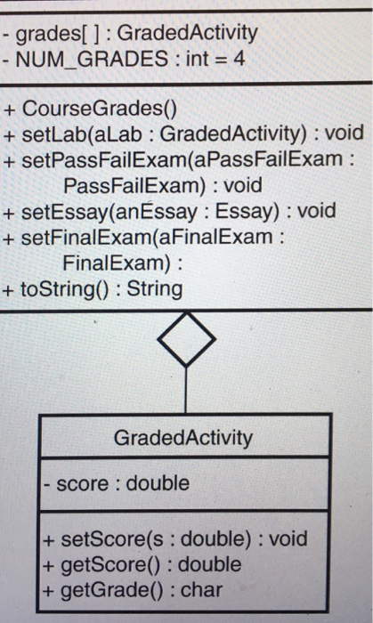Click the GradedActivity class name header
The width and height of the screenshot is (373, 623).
pos(183,438)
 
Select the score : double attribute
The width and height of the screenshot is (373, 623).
pos(119,483)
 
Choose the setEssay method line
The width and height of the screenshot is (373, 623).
pos(177,212)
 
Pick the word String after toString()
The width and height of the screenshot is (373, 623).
pos(155,289)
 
